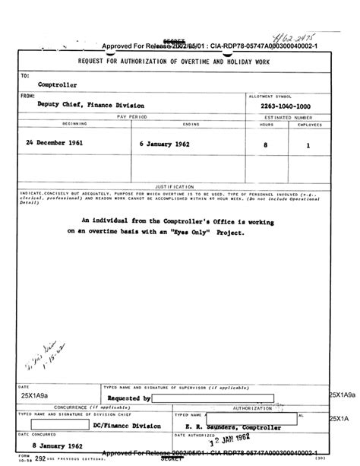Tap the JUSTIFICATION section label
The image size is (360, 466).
(175, 185)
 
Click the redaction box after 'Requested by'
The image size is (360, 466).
(192, 398)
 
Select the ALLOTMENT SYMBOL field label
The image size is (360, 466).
(273, 97)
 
